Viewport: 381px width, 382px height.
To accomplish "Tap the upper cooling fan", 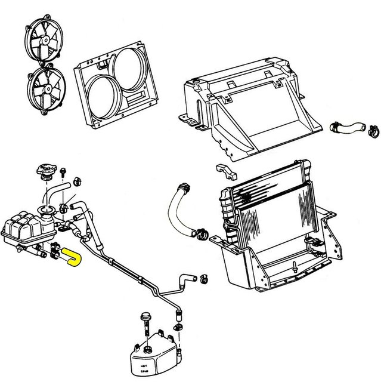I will pyautogui.click(x=44, y=44).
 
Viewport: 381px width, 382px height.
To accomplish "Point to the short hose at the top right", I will pyautogui.click(x=348, y=127).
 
